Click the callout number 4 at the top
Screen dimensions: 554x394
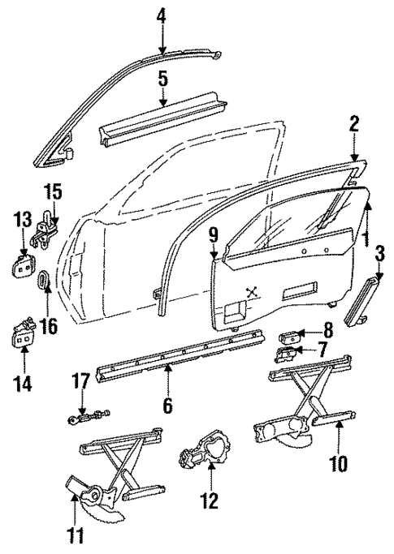tap(161, 15)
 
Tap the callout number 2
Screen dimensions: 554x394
tap(353, 124)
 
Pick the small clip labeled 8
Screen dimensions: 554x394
tap(291, 333)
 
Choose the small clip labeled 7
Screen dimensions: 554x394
tap(288, 351)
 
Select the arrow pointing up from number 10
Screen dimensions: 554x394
tap(340, 438)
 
